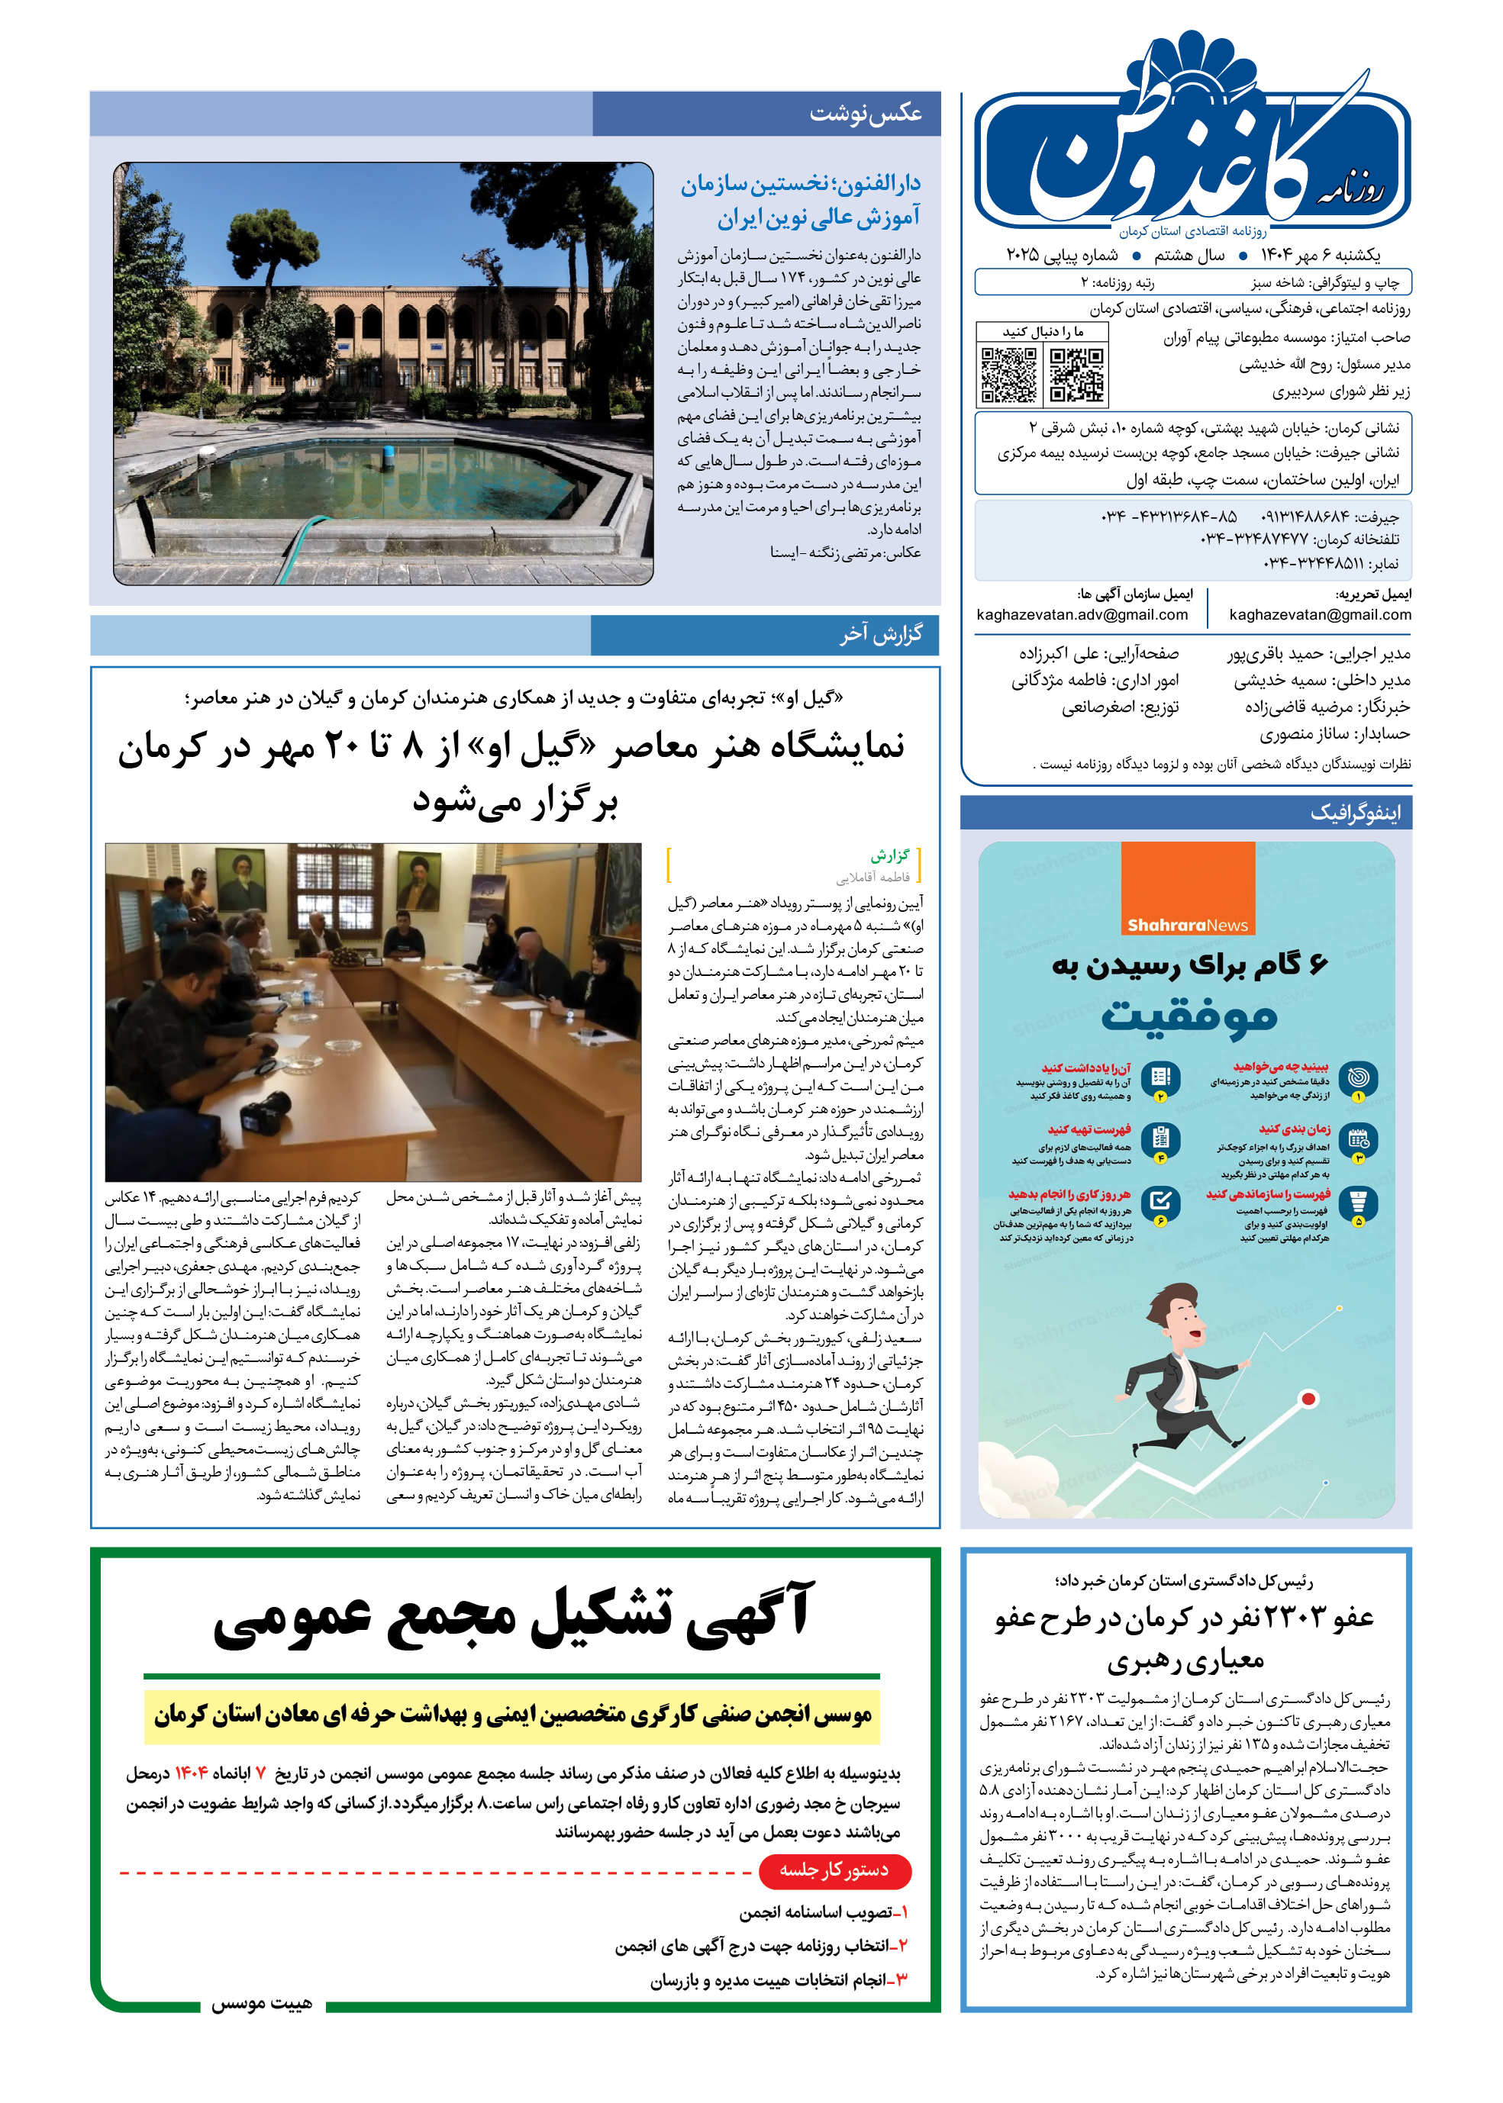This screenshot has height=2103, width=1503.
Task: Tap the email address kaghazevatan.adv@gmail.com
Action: point(1082,614)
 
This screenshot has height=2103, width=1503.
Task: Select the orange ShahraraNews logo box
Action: point(1188,888)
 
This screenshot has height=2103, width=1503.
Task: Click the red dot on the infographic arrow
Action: point(1308,1399)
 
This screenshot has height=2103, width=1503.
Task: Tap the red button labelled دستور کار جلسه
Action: point(834,1871)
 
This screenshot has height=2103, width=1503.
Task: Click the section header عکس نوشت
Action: point(866,113)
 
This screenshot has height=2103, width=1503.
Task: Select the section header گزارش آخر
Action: point(880,635)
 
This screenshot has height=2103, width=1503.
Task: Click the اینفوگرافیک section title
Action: point(1355,813)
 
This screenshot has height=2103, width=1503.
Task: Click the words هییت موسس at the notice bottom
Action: point(261,2003)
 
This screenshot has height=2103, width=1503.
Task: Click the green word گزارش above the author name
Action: point(889,854)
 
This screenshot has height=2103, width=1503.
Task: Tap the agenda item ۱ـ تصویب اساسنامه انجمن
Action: point(823,1912)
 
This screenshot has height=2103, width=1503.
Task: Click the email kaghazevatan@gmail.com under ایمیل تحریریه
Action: point(1320,614)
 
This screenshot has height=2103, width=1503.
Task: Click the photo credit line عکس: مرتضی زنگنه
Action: point(845,552)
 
